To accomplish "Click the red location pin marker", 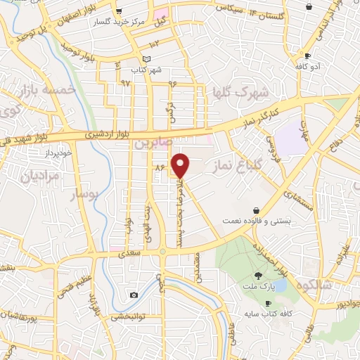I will coord(182,165).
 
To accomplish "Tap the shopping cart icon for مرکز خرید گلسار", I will coord(119,11).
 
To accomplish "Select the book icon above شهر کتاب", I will coord(146,59).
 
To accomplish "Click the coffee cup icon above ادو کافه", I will coord(307,56).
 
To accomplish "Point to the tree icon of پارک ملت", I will coord(259,276).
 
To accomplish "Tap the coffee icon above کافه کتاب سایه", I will coord(267,304).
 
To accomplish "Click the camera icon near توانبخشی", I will coord(134,295).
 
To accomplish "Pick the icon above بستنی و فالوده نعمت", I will coord(256,210).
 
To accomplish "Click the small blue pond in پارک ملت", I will coord(279,285).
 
